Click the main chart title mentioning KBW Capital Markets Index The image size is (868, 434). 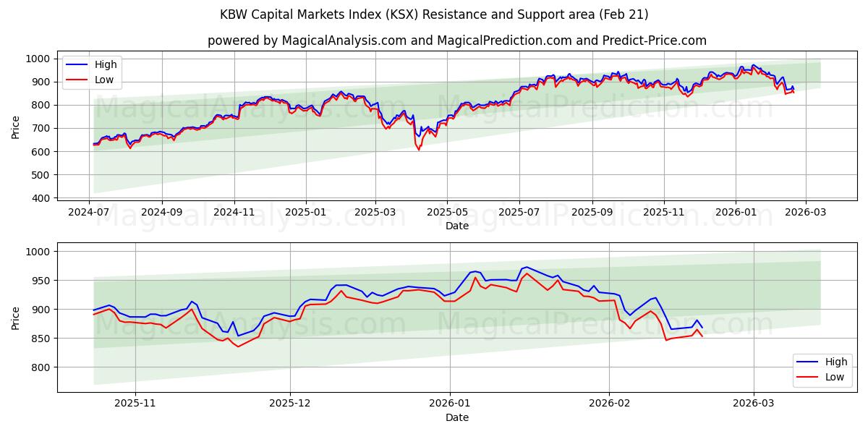point(434,14)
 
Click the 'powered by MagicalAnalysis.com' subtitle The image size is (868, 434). point(457,41)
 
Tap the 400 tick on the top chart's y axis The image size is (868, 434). point(41,198)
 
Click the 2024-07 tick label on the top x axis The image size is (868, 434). point(90,213)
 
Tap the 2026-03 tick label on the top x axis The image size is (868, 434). point(805,213)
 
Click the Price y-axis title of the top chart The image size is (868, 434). point(16,128)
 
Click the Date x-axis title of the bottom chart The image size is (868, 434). point(457,417)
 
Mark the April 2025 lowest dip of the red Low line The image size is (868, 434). point(418,150)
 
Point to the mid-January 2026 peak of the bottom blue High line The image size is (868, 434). point(526,267)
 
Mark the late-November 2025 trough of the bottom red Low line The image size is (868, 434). point(238,346)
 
